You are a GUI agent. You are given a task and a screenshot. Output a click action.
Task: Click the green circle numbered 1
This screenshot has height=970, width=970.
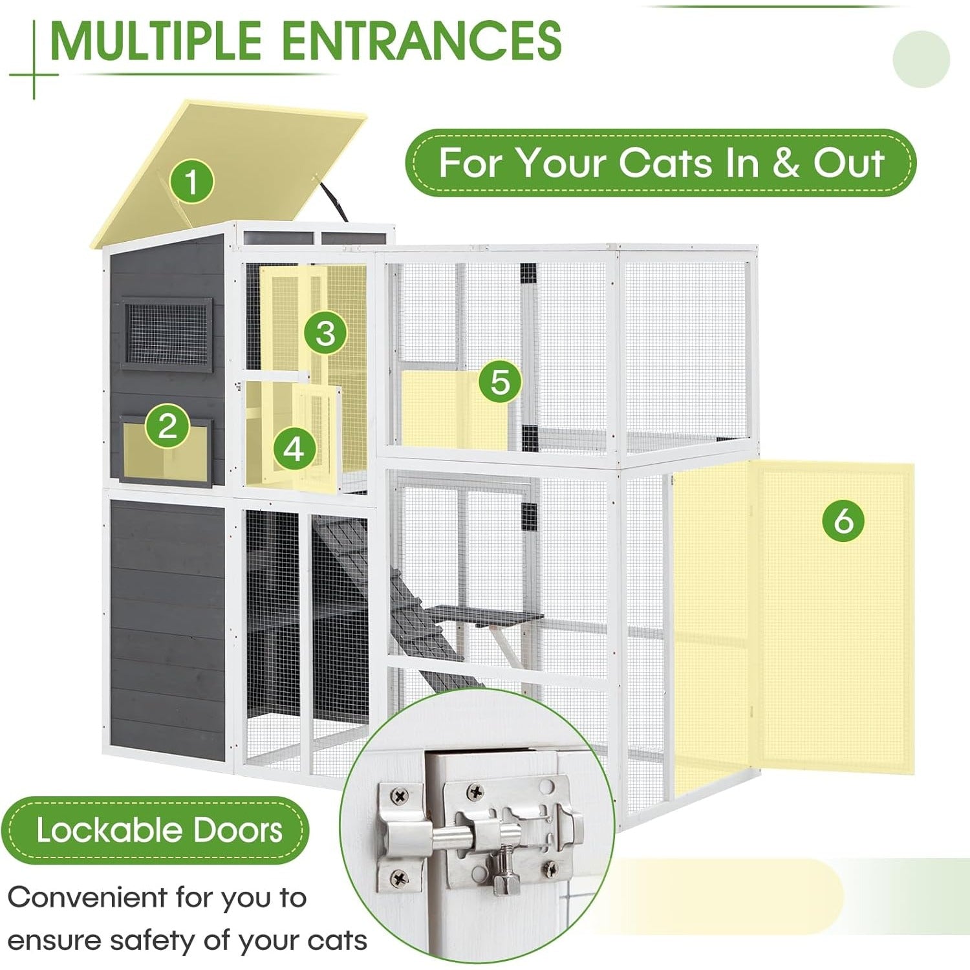191,180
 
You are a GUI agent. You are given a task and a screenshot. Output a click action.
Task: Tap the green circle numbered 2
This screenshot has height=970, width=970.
167,426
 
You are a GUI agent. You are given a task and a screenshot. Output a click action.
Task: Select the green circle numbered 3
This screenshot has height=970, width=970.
325,332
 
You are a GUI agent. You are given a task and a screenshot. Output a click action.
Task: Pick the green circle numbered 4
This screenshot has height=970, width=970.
294,448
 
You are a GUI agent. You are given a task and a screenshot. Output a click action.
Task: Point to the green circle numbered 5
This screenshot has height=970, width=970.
500,382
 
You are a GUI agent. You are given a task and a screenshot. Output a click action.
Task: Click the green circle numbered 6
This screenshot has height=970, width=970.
843,519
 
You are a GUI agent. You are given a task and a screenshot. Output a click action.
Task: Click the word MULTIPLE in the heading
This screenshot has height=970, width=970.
155,40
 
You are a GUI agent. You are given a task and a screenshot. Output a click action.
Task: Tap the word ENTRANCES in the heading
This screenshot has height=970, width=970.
422,40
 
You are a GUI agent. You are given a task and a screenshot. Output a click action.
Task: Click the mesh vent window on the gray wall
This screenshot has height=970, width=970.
166,334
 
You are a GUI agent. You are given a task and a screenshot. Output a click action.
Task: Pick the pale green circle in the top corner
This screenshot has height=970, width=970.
921,59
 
